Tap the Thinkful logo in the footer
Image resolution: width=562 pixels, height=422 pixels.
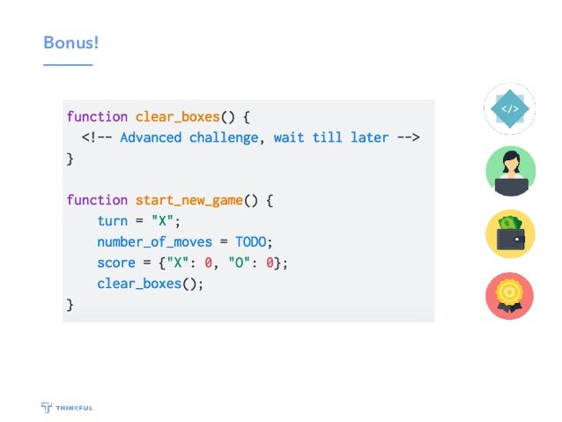point(67,407)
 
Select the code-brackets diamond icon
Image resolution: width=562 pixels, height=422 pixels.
point(509,109)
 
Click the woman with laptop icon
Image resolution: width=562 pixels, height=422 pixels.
point(510,172)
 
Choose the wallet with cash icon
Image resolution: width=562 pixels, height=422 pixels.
point(510,234)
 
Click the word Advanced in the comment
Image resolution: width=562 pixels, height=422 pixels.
point(151,137)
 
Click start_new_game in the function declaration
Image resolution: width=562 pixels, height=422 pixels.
point(189,200)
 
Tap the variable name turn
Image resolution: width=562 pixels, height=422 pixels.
point(113,221)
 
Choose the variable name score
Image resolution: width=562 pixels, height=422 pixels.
point(116,263)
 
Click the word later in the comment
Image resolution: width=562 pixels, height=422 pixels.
point(369,137)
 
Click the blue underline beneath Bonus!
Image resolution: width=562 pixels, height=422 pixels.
point(68,64)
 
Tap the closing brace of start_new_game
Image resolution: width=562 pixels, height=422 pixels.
point(70,305)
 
